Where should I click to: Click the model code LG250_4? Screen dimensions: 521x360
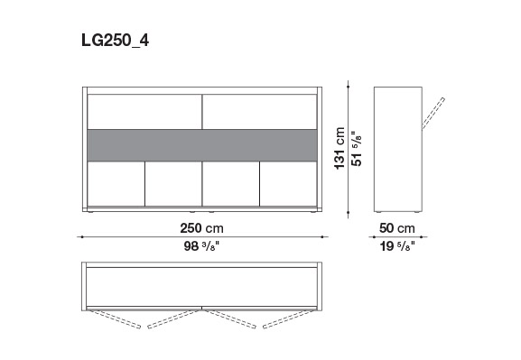[x=115, y=41]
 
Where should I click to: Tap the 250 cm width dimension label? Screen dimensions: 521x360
[x=201, y=228]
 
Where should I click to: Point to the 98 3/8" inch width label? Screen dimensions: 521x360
[x=201, y=246]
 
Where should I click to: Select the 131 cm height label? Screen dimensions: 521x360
[x=340, y=148]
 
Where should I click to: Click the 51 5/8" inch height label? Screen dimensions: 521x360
[x=356, y=149]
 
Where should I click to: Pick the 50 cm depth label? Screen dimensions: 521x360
[x=397, y=228]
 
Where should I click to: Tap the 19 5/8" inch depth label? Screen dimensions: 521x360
[x=397, y=246]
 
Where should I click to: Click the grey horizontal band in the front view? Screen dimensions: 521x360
[x=202, y=145]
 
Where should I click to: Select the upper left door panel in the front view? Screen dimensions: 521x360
[x=144, y=112]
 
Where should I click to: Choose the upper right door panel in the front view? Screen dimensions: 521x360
[x=259, y=112]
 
